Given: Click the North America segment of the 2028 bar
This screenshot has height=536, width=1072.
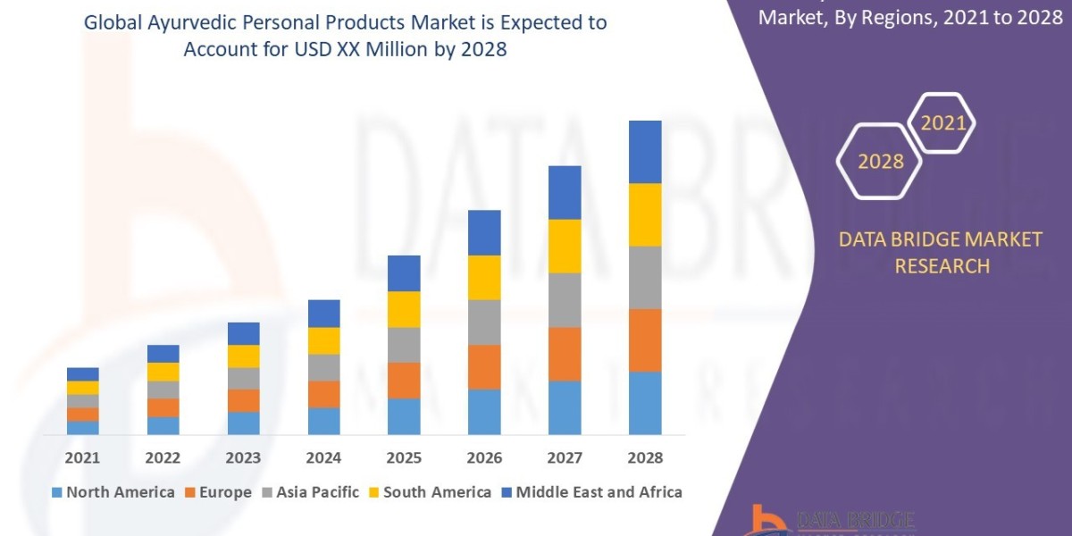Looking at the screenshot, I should tap(645, 403).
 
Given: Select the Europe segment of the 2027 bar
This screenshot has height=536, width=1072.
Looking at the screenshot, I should tap(565, 354).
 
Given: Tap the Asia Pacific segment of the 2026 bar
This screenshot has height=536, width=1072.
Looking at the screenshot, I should tap(484, 322).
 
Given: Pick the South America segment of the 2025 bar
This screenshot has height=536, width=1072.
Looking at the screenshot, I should tap(404, 309).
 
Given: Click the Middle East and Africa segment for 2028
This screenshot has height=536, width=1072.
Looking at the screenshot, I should tap(645, 152).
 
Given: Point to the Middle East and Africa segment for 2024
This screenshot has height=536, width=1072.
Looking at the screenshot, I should tap(323, 314).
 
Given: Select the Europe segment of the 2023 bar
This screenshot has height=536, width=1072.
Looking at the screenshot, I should tap(243, 400).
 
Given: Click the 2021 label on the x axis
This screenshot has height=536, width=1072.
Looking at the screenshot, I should tap(82, 458).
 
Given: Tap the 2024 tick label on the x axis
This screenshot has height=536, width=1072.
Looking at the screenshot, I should tap(323, 458).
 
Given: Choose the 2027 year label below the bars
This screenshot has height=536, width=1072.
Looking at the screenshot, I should tap(565, 458).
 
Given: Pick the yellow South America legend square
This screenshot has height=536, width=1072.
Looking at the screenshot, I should tap(373, 492).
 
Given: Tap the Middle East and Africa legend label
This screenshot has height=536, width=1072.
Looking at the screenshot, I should tap(599, 492).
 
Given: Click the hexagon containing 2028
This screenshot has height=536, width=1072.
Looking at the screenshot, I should tap(881, 162).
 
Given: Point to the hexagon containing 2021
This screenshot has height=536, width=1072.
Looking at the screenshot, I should tap(942, 123).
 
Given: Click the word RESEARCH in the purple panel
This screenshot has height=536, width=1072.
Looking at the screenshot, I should tap(942, 266).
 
